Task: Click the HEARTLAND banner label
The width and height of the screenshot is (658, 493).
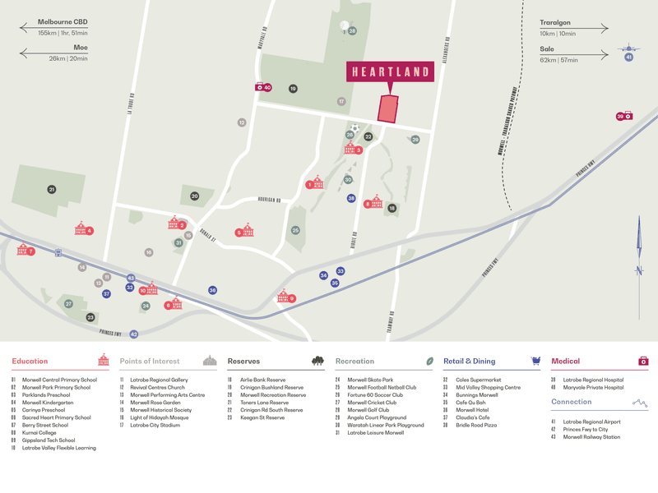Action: point(391,72)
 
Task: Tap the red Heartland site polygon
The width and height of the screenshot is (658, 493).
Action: point(387,109)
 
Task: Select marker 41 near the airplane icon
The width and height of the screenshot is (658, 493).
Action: point(629,57)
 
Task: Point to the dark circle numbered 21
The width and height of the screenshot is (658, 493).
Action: point(52,190)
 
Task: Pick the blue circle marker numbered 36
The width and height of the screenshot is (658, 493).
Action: point(212,290)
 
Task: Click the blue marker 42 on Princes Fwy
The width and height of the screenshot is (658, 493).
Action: point(134,334)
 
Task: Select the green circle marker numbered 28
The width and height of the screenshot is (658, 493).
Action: point(352,31)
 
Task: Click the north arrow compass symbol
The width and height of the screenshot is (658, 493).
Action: point(639,255)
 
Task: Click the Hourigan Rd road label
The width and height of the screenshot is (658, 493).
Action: point(268,200)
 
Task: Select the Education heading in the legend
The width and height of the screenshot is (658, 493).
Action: point(30,361)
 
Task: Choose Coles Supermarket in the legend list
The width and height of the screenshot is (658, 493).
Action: point(478,380)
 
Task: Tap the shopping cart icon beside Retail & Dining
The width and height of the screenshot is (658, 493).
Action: point(535,361)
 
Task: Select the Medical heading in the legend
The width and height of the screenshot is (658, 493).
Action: point(565,361)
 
